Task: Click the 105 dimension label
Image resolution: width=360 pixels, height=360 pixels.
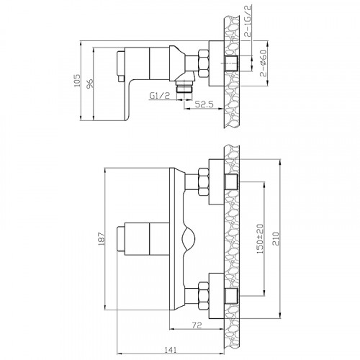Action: [x=77, y=81]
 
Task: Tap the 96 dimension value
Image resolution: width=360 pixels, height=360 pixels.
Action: [x=90, y=84]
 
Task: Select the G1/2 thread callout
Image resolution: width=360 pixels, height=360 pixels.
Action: [x=160, y=96]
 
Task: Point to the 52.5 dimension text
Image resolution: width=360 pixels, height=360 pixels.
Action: [x=204, y=104]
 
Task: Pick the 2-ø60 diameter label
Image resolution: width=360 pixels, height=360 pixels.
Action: [x=264, y=63]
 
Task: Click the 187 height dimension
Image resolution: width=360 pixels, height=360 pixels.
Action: [x=102, y=238]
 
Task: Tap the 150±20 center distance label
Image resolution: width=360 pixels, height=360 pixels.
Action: [x=260, y=239]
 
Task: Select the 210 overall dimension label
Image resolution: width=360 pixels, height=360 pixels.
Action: [x=276, y=238]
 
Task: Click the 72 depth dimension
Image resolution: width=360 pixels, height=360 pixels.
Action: [x=197, y=325]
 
